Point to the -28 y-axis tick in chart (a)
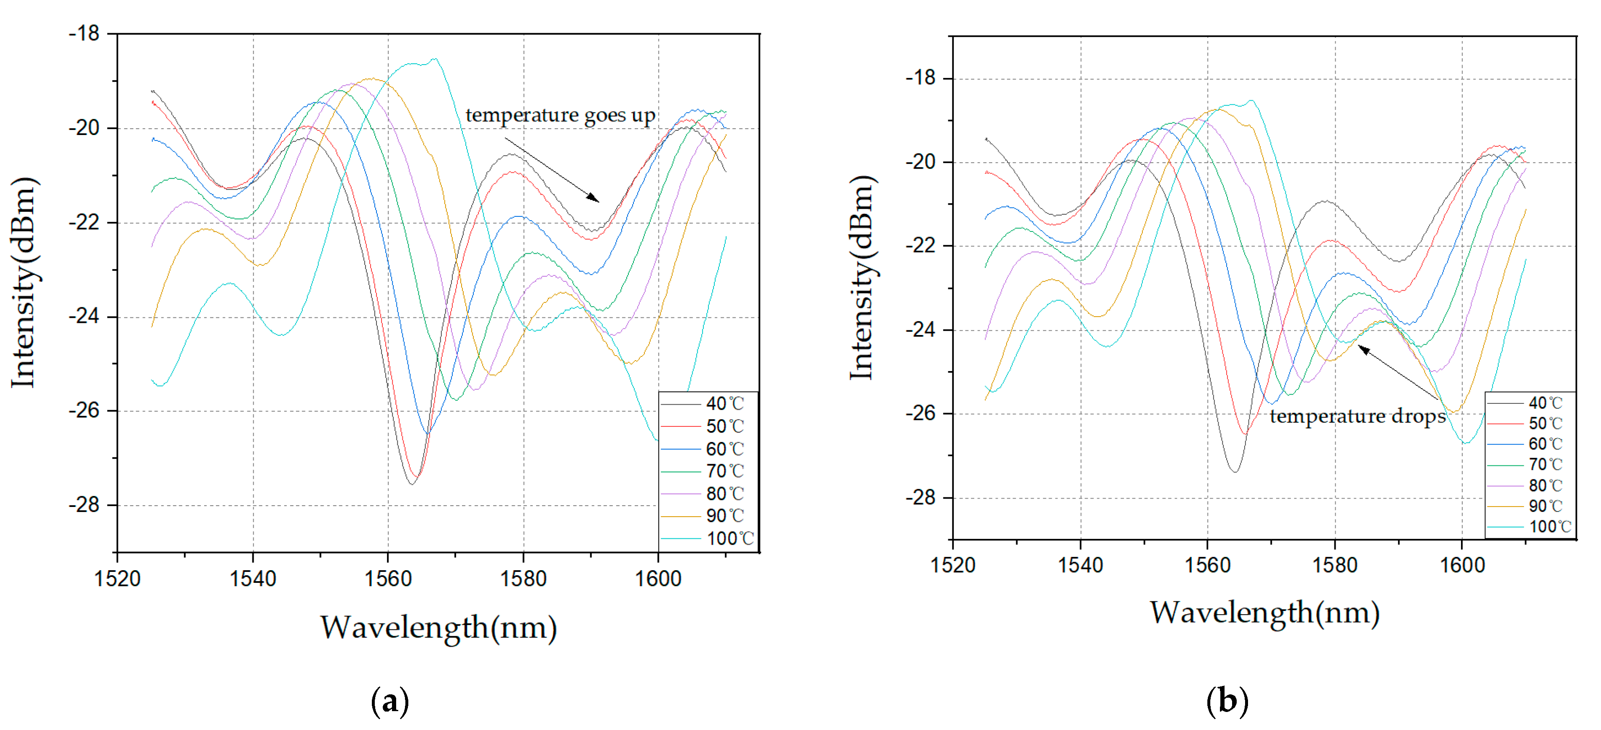(x=85, y=505)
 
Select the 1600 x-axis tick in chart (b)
(x=1462, y=565)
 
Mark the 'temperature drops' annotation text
(x=1357, y=416)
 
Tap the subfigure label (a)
(x=390, y=701)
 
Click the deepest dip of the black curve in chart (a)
(x=411, y=484)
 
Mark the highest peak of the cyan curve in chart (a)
(x=434, y=60)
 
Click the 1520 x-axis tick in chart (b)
(x=953, y=565)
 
